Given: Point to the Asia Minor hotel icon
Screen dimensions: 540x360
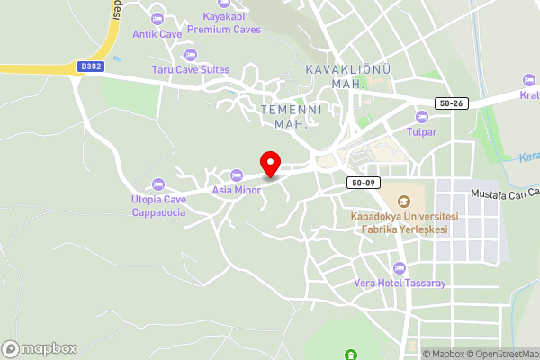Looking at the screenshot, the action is tap(237, 175).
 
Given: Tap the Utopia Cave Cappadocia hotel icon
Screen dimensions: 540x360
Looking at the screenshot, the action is tap(158, 184).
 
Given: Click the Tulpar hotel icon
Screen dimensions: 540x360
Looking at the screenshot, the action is tap(421, 116).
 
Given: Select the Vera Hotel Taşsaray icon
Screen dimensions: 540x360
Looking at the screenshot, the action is tap(400, 267).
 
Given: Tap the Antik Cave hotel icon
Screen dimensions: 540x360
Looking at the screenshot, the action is tap(157, 18).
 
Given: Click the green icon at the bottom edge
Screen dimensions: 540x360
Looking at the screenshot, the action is tap(351, 355).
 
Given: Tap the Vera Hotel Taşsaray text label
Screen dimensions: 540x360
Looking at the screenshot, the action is tap(400, 283).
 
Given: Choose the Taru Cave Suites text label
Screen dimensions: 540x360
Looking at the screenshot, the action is tap(190, 69).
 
